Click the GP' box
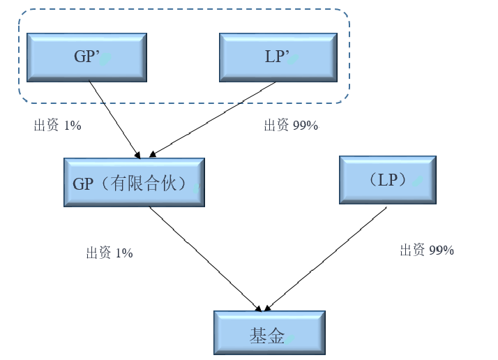[x=86, y=57]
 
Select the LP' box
[x=278, y=57]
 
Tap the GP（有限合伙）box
[x=134, y=182]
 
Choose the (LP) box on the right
[x=387, y=180]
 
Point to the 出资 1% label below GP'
[x=58, y=126]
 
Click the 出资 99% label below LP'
[x=291, y=126]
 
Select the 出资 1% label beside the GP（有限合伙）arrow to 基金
[x=110, y=253]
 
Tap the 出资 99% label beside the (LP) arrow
[x=427, y=250]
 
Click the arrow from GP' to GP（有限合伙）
[x=114, y=117]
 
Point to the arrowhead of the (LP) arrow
[x=266, y=308]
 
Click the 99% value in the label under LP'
[x=305, y=126]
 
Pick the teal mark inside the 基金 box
[x=289, y=338]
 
